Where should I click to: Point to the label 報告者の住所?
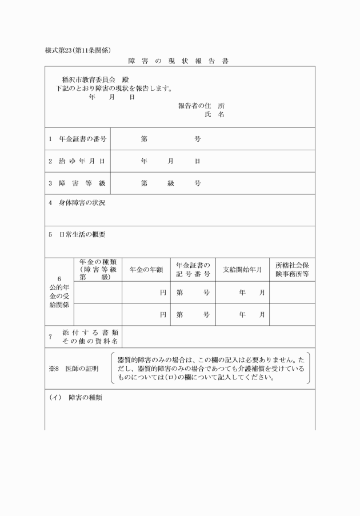(201, 106)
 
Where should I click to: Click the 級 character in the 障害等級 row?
(170, 183)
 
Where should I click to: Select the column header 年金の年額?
(146, 270)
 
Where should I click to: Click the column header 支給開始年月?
(242, 270)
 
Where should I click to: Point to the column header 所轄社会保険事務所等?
(291, 270)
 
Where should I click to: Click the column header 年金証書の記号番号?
(193, 270)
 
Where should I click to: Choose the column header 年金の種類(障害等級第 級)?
(98, 269)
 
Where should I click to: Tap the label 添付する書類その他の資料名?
(90, 337)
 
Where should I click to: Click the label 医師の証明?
(82, 369)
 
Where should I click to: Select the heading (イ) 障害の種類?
(74, 397)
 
